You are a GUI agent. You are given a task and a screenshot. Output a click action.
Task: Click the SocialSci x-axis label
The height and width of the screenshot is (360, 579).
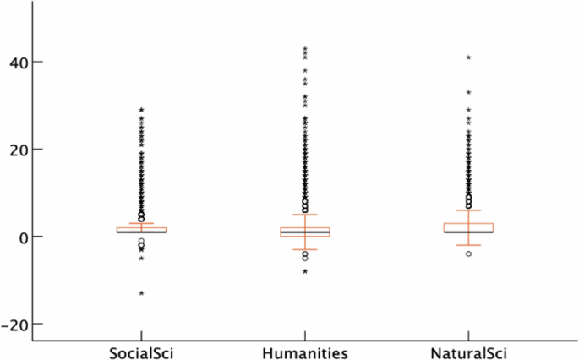coord(142,352)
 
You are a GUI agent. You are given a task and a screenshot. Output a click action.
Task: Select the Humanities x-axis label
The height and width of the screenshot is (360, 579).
coord(305,352)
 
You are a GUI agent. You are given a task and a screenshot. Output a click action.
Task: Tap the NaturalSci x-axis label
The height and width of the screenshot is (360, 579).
coord(467,352)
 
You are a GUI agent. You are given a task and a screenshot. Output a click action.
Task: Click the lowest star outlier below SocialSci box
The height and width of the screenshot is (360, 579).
coord(142,293)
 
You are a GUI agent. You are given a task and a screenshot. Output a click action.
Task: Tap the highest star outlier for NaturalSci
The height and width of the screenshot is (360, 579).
coord(468,58)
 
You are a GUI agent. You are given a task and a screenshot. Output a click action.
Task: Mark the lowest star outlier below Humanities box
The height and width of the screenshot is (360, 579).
coord(305,271)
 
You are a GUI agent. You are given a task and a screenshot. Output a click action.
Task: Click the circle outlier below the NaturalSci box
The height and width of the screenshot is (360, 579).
coord(468,254)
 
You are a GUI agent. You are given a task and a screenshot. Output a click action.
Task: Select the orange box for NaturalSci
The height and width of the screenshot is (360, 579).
coord(468,227)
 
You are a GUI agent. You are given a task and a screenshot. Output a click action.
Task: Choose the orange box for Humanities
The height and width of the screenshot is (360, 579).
coord(305,232)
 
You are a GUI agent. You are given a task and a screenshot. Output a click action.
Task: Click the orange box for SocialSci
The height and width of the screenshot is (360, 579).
coord(142,229)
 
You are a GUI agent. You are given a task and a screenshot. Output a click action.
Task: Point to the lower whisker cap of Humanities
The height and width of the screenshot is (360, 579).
coord(305,249)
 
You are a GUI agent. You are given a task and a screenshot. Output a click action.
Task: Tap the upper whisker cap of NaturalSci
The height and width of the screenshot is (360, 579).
coord(468,210)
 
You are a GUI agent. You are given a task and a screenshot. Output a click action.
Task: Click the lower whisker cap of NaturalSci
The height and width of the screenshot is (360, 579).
coord(468,245)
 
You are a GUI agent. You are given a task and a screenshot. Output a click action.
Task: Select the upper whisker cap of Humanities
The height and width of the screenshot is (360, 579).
coord(305,215)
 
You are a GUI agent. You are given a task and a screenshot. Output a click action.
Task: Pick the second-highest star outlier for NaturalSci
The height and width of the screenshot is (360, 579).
coord(468,93)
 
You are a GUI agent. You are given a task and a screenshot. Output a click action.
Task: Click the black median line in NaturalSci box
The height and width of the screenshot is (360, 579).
coord(468,232)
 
